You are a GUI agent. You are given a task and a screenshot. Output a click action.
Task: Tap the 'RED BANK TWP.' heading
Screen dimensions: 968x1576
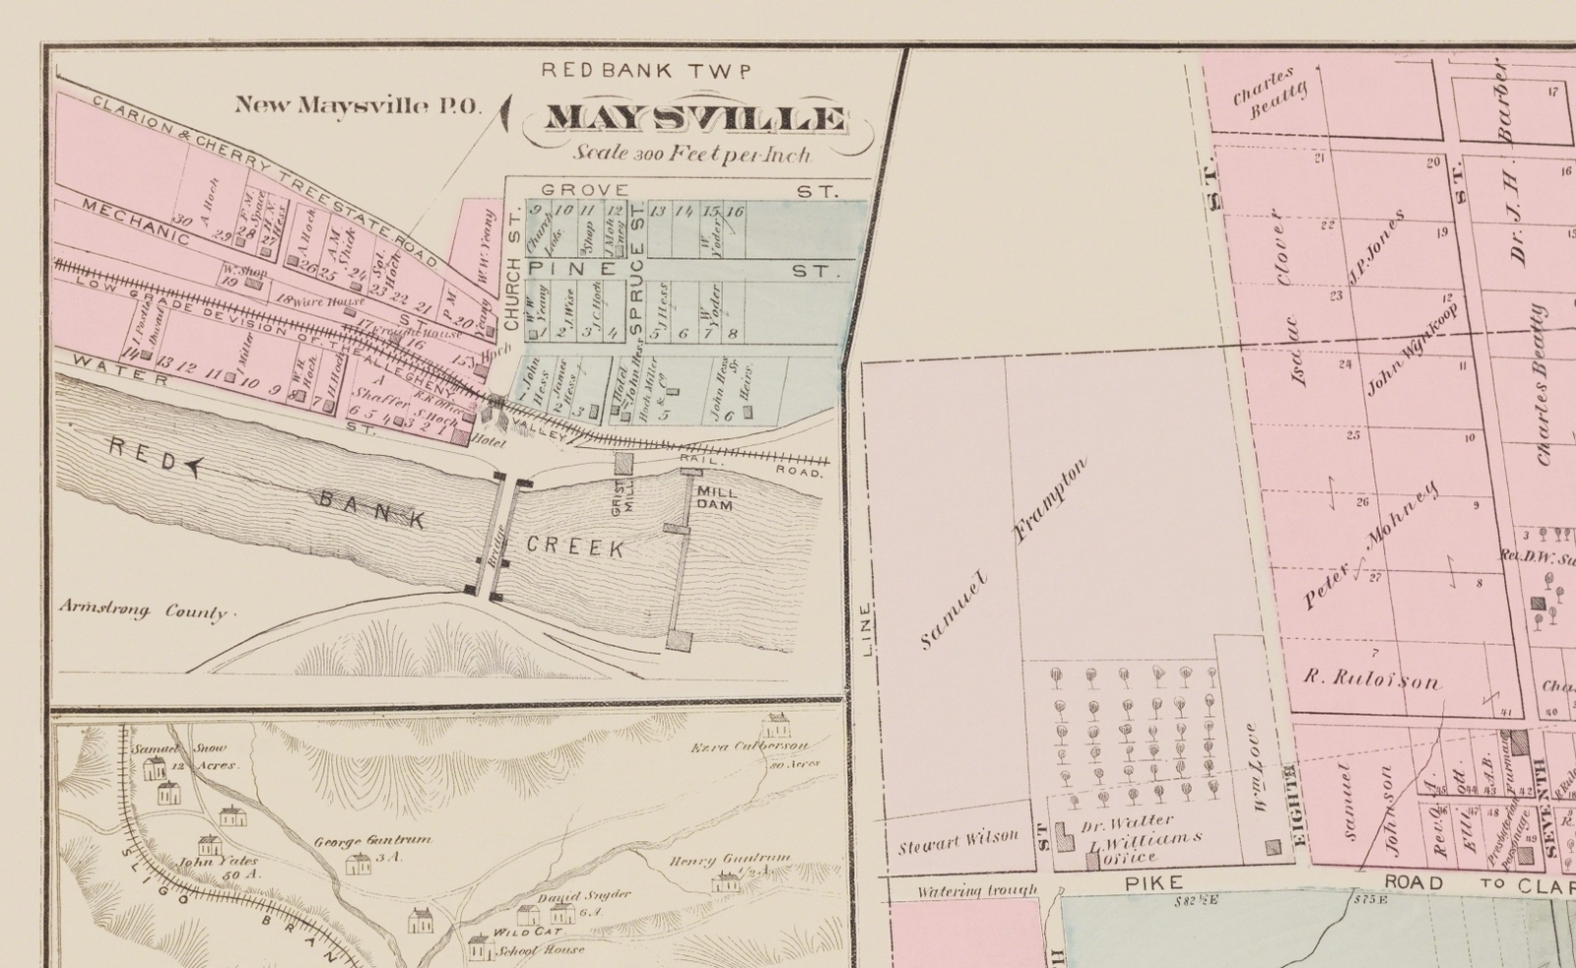coord(647,70)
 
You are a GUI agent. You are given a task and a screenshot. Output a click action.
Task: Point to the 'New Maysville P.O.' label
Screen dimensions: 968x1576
coord(358,105)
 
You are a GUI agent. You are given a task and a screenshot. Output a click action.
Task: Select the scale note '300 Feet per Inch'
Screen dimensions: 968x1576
coord(694,154)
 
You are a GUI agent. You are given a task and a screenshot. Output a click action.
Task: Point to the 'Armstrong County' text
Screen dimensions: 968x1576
coord(143,610)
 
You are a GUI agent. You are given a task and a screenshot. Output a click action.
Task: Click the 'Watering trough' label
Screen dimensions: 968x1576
coord(977,891)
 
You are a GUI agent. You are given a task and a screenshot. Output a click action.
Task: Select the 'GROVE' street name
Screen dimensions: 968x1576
coord(584,189)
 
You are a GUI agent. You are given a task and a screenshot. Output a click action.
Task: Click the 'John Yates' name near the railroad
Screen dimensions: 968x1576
coord(207,864)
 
